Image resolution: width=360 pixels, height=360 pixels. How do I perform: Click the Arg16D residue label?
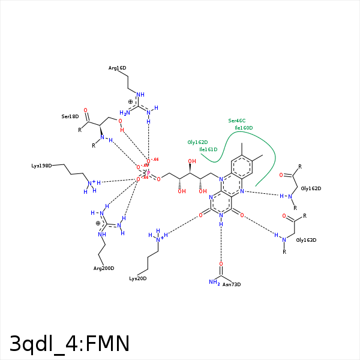click(x=117, y=68)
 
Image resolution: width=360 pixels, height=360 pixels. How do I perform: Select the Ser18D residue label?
click(x=70, y=116)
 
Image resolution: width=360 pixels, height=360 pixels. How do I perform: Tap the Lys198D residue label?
click(x=42, y=166)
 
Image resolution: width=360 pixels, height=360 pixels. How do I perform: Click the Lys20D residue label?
click(x=138, y=278)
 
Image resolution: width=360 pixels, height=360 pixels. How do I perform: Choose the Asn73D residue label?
click(x=232, y=284)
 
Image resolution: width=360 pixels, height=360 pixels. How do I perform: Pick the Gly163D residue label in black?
click(x=306, y=240)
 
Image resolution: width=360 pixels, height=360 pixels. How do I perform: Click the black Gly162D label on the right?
click(x=311, y=188)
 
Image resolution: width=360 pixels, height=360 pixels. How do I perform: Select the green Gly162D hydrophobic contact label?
click(x=197, y=142)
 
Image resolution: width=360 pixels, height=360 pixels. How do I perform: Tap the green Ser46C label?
click(x=237, y=121)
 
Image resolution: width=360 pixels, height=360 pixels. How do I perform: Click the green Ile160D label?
click(x=244, y=128)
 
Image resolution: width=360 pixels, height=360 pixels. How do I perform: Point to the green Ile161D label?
click(x=208, y=149)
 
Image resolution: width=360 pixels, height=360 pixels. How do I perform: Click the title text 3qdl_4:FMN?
click(x=70, y=344)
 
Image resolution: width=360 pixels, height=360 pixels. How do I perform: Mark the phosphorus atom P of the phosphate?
click(x=148, y=173)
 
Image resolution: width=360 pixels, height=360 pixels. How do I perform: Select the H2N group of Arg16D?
click(x=125, y=112)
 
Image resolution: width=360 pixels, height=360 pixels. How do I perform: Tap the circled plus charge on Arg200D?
click(x=98, y=223)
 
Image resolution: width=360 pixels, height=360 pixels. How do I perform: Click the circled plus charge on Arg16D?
click(x=131, y=102)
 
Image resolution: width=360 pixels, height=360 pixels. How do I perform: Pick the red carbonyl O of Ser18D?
click(x=85, y=110)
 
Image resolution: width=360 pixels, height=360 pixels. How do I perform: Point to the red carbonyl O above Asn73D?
click(x=221, y=264)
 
